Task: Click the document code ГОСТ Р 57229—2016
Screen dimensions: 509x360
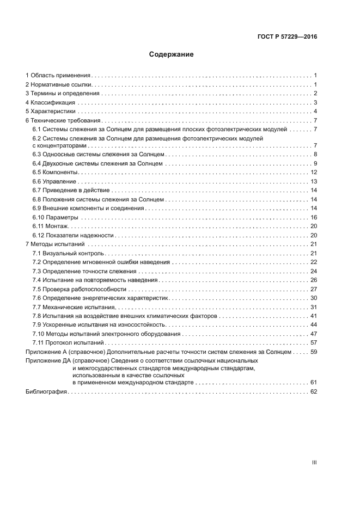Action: click(286, 37)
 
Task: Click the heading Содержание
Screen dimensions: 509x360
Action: click(172, 55)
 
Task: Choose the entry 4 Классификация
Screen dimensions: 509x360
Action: click(51, 102)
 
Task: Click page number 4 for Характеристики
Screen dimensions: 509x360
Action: click(315, 112)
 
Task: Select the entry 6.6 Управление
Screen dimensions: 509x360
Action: click(55, 181)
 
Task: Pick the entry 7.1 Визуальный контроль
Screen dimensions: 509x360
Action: click(68, 254)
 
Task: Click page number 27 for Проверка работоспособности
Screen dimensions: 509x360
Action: click(314, 289)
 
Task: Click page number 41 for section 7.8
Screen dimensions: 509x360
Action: click(314, 316)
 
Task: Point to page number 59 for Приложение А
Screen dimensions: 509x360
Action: click(314, 352)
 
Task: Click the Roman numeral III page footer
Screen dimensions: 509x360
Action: click(314, 463)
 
